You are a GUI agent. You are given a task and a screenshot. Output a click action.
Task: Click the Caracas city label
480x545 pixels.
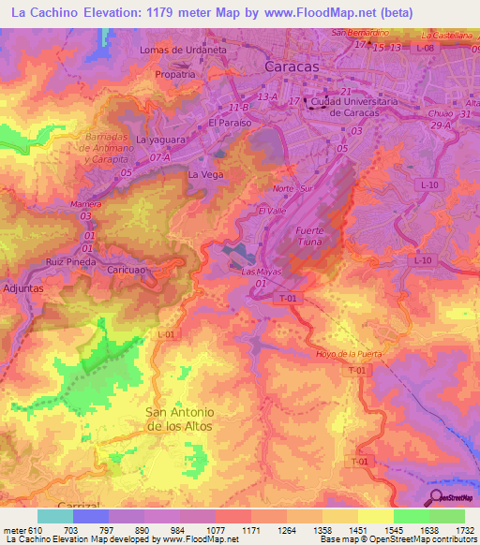pos(292,67)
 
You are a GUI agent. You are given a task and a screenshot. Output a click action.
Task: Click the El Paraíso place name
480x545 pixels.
pos(230,122)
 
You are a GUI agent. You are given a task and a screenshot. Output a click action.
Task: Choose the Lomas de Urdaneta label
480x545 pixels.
pos(183,50)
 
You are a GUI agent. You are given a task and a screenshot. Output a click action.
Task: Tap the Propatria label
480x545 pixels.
pos(176,73)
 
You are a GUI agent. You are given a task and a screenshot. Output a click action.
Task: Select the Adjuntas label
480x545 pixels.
pos(23,288)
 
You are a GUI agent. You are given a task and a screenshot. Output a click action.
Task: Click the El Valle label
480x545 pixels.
pos(272,212)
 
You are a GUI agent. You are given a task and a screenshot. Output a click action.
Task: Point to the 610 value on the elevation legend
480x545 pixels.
pos(28,529)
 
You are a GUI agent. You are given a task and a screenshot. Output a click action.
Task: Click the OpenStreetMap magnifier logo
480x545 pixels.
pos(436,498)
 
